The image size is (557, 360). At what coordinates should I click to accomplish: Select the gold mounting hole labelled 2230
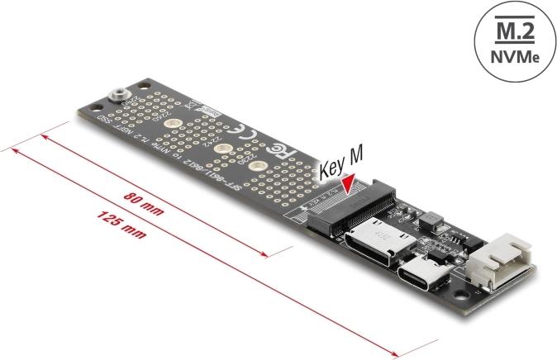[x=259, y=168]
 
